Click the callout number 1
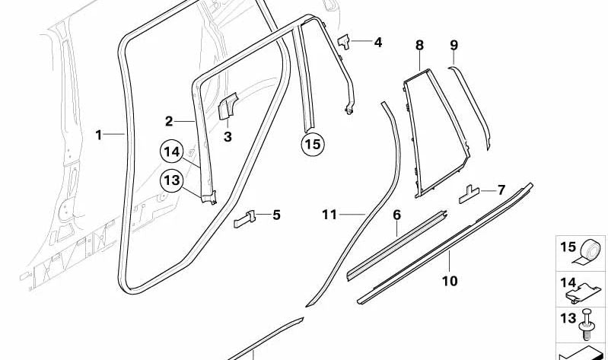[x=99, y=135]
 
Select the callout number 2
[x=169, y=122]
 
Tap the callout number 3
[x=228, y=136]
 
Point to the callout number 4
[x=377, y=42]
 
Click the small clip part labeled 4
[x=344, y=42]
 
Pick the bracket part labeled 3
[x=228, y=106]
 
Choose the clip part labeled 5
[x=245, y=218]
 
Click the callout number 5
[x=276, y=215]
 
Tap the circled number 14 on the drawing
[x=172, y=151]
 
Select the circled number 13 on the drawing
[x=172, y=180]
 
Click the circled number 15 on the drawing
[x=313, y=145]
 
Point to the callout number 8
[x=419, y=46]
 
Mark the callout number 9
[x=454, y=46]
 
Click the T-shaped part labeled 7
[x=470, y=194]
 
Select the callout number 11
[x=329, y=215]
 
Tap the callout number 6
[x=396, y=215]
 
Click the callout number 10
[x=450, y=281]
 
